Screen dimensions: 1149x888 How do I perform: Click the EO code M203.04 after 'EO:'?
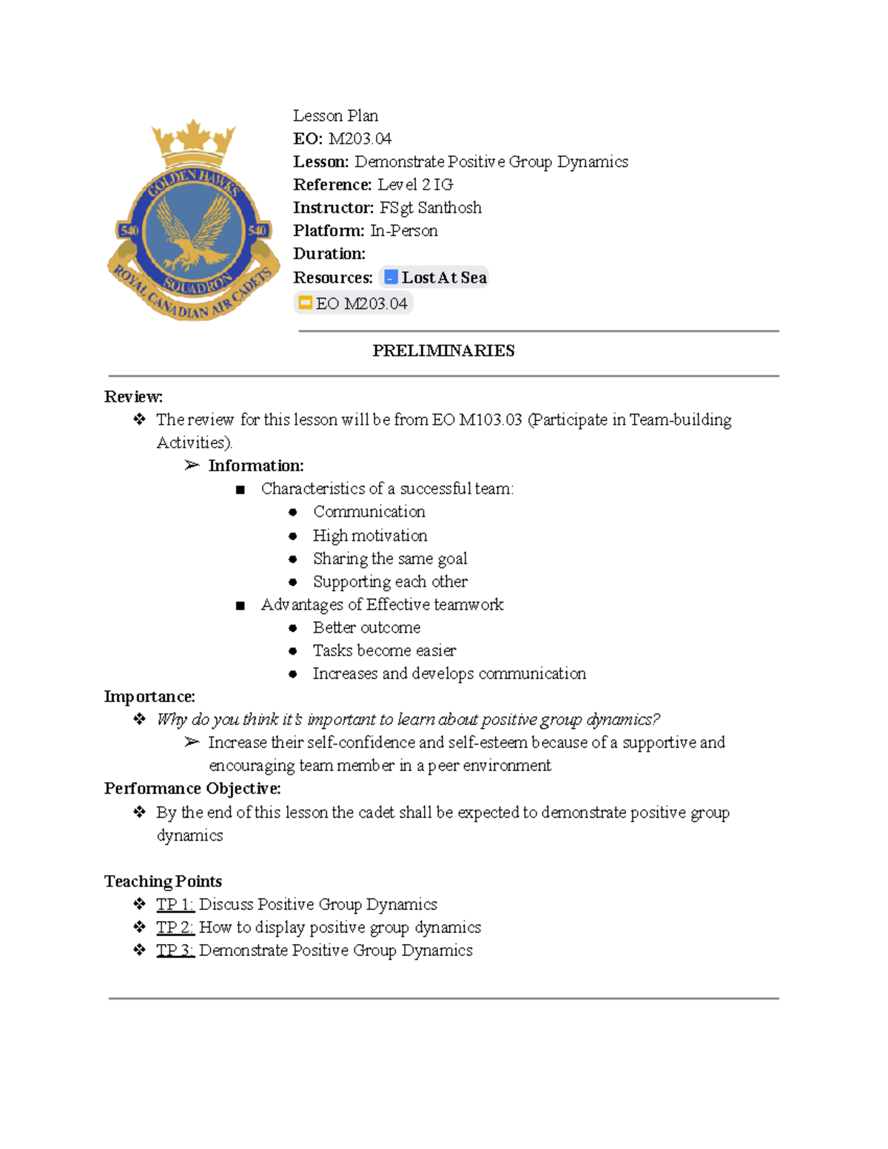point(360,138)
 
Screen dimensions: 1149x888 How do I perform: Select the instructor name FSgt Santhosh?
point(430,207)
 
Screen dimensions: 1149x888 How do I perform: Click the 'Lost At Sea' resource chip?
point(434,277)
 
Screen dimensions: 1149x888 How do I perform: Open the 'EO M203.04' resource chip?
point(353,303)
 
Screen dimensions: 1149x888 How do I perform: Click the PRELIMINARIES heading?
point(443,351)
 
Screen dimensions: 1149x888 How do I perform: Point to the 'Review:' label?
point(133,397)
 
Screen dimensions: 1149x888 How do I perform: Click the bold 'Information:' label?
point(255,465)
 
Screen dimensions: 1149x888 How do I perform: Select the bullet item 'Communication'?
point(369,511)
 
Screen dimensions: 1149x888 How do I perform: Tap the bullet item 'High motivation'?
point(369,535)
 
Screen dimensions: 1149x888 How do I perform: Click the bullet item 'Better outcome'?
point(366,627)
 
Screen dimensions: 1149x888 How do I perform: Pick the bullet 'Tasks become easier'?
point(384,650)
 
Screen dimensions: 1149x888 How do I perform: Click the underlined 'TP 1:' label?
point(175,904)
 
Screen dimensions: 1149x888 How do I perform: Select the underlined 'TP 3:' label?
point(175,950)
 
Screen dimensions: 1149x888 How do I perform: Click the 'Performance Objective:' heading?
point(192,789)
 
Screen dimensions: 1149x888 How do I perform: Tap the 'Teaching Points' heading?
point(163,881)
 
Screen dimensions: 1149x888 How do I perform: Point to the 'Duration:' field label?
point(329,254)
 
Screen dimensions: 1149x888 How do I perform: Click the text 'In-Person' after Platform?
point(404,231)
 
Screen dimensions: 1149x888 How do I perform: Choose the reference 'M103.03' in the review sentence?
point(491,419)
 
